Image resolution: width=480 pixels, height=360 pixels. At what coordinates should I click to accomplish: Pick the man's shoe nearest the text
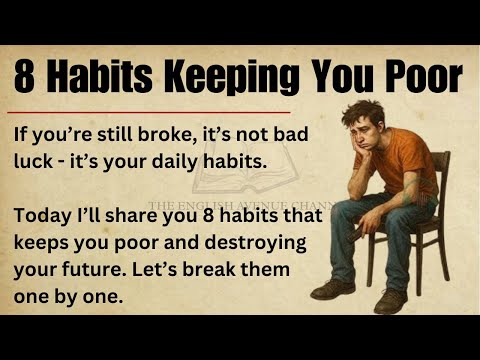point(330,291)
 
